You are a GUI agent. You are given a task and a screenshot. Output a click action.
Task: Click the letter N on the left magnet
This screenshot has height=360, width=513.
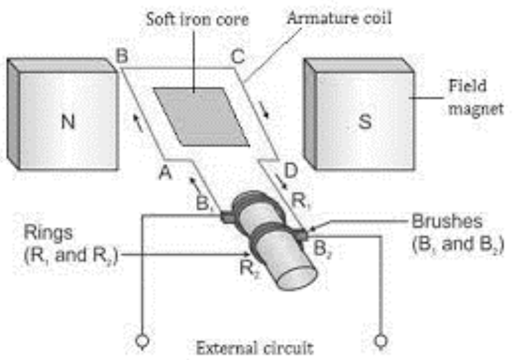pos(68,122)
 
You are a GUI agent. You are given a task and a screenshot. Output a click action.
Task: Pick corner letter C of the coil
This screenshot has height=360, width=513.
pos(237,58)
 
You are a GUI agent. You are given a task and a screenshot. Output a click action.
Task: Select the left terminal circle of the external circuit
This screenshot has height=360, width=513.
pos(142,340)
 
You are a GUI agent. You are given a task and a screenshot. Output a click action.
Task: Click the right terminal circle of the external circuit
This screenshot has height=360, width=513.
pos(379,340)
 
